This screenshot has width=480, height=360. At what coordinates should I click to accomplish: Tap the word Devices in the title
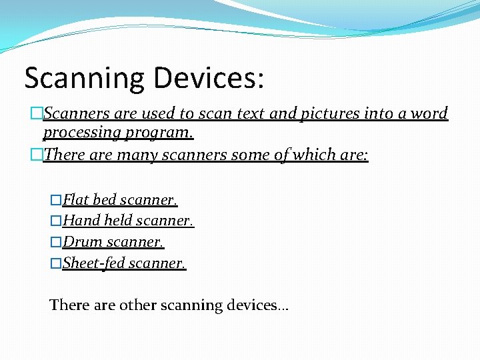[x=209, y=77]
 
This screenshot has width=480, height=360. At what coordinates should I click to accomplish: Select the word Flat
[x=76, y=200]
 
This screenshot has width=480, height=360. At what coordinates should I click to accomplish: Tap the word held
[x=119, y=221]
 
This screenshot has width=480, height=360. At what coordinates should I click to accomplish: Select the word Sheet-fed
[x=93, y=263]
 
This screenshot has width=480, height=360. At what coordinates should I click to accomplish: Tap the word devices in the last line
[x=253, y=305]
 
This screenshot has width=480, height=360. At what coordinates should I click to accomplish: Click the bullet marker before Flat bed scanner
[x=56, y=200]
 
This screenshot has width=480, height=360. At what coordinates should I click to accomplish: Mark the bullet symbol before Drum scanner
[x=56, y=241]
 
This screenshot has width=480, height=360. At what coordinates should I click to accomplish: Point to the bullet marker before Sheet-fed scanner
[x=56, y=263]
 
